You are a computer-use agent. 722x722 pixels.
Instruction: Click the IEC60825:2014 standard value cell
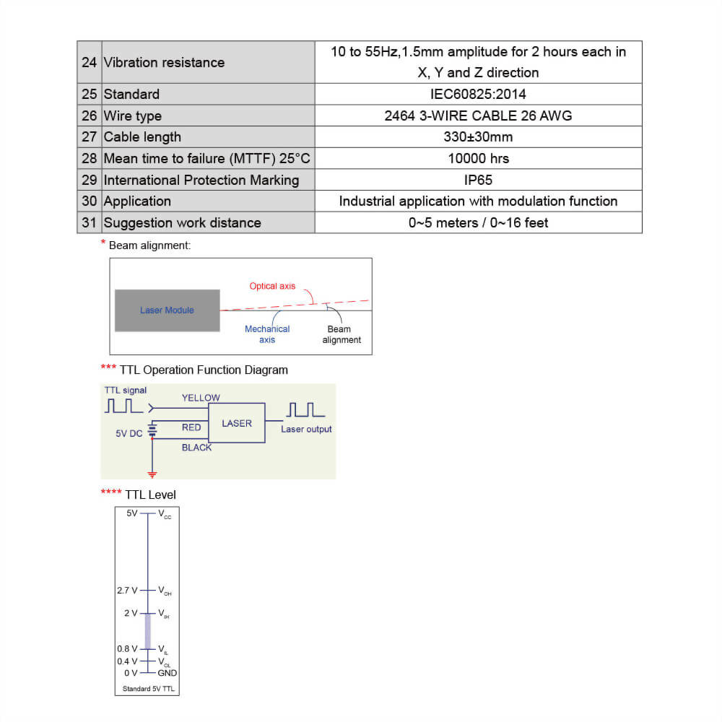point(478,94)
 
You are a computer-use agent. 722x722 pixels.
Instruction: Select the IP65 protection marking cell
point(478,180)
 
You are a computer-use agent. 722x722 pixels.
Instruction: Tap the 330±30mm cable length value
point(478,136)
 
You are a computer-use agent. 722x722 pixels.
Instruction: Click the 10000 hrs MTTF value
point(478,158)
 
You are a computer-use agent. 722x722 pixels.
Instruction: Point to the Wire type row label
point(133,116)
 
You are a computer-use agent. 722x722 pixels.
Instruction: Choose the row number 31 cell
point(89,222)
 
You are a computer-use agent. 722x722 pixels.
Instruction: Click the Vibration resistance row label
point(164,62)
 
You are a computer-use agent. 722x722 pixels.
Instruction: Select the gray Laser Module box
point(168,310)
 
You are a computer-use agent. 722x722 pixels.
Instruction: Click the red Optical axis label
point(272,286)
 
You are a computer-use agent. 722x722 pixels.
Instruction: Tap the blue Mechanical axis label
point(267,334)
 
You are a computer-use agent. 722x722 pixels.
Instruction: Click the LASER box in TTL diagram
point(237,423)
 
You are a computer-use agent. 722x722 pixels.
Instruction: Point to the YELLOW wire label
point(201,398)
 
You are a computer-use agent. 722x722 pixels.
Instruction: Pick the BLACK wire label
point(196,448)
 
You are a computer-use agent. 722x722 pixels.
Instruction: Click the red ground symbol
point(152,474)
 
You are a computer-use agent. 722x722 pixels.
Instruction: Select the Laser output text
point(306,429)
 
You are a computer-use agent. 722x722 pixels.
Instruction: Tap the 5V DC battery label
point(129,434)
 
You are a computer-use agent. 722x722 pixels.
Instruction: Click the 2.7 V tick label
point(127,591)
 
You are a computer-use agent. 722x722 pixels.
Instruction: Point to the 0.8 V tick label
point(127,648)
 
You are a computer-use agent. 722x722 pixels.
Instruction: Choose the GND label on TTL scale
point(168,673)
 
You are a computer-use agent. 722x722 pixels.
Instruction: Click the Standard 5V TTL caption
point(148,689)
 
